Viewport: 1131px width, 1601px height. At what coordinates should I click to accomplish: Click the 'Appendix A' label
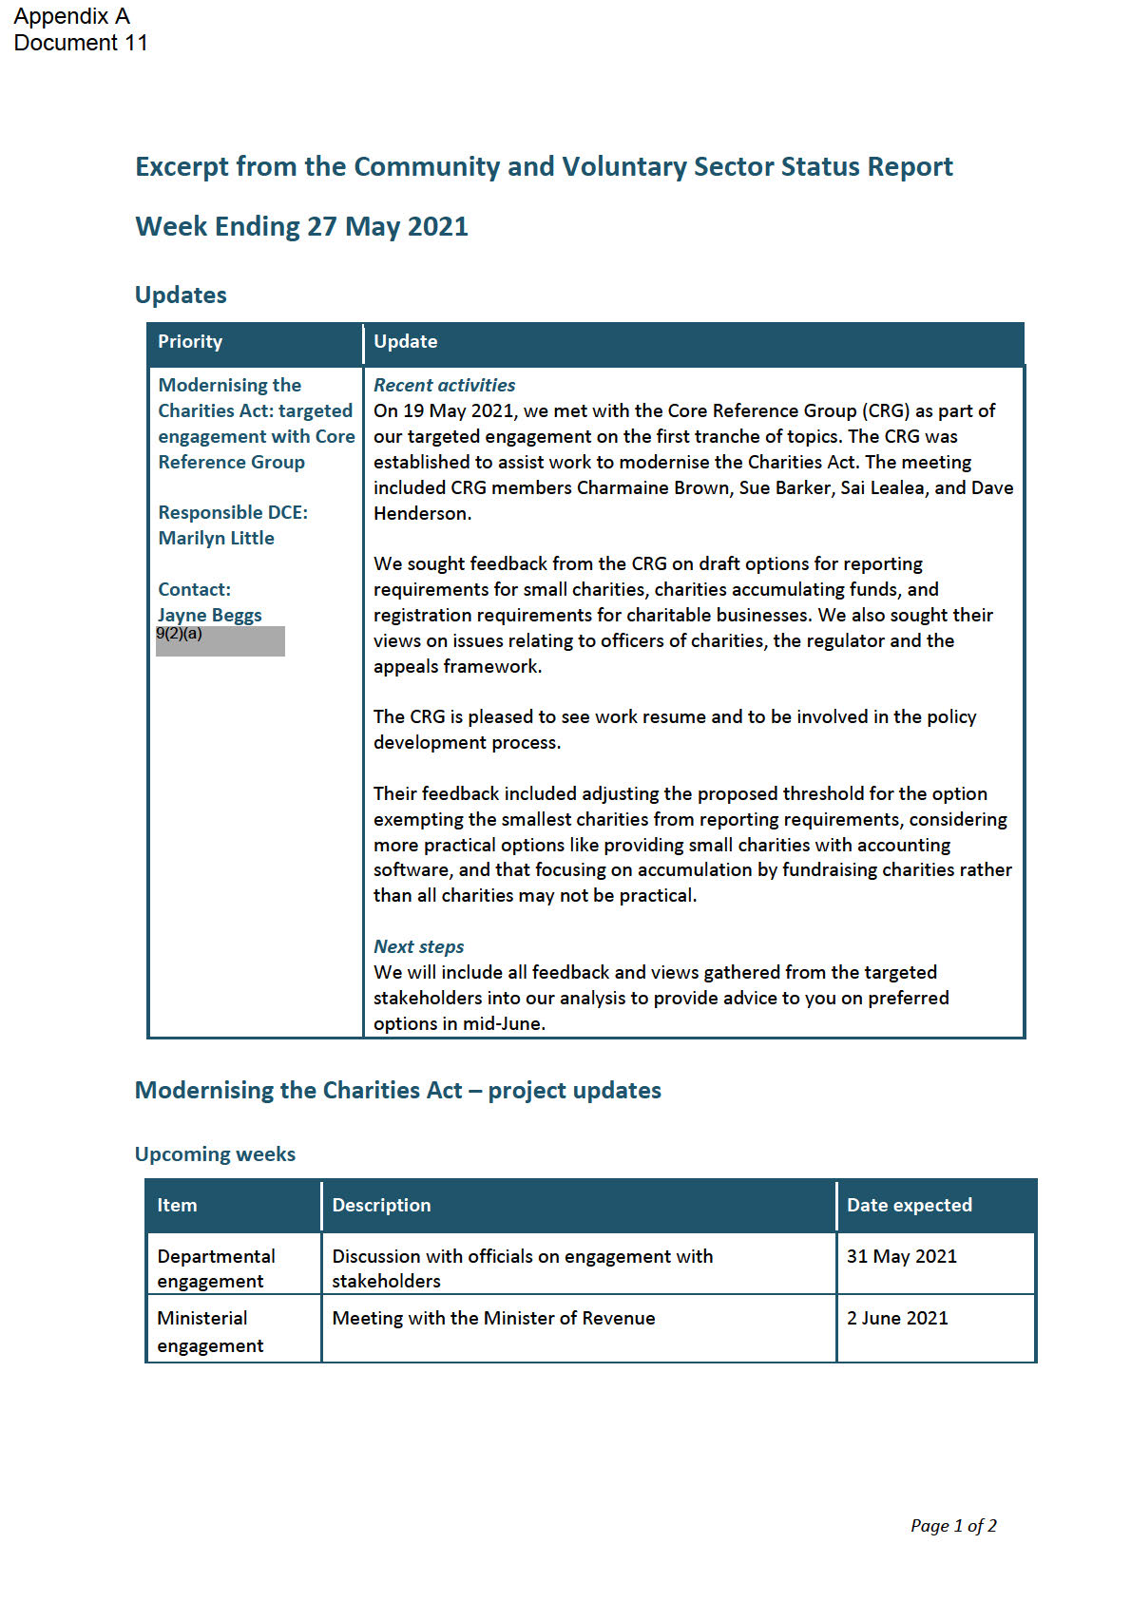71,16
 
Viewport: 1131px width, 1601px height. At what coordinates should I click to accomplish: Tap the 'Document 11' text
81,43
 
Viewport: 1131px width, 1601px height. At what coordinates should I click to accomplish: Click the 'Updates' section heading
181,295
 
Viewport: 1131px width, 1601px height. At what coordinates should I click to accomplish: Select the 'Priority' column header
190,341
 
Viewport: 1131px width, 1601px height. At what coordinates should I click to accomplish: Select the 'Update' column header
406,341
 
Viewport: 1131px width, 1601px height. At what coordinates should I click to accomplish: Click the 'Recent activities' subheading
444,385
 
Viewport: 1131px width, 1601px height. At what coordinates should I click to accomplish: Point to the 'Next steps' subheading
418,946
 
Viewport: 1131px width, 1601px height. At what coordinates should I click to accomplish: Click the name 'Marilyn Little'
216,538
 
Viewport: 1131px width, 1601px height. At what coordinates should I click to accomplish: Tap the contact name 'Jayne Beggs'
209,615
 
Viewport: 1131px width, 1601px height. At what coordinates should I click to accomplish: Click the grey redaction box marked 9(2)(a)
220,641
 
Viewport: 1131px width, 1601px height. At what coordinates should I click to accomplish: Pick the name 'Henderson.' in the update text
422,513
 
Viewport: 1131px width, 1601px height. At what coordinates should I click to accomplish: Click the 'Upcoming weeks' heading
215,1153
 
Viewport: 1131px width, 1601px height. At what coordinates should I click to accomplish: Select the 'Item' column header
177,1205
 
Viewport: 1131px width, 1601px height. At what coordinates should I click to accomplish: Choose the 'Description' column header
381,1205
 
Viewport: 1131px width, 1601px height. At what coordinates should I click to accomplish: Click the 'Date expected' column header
910,1205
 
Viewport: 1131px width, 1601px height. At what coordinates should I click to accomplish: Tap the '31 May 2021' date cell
902,1256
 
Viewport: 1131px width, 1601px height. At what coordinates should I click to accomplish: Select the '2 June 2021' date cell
897,1318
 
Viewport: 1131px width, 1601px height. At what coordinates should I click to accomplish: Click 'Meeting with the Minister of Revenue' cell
493,1318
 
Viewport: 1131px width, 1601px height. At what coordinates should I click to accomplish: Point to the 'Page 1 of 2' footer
953,1525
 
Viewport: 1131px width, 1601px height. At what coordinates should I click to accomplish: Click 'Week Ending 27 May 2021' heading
301,226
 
